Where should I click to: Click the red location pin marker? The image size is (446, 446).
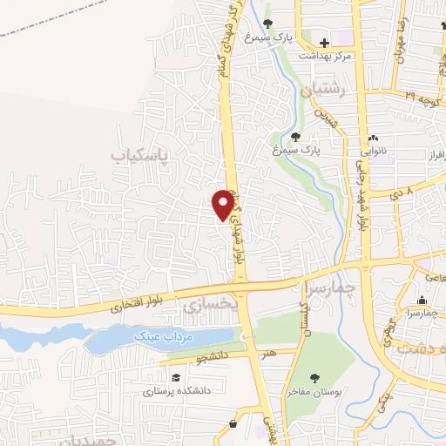224,204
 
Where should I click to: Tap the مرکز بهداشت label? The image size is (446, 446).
324,55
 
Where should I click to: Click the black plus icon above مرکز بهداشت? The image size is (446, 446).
324,42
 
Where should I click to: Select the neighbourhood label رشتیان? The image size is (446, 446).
324,90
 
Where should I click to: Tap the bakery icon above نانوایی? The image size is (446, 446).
374,138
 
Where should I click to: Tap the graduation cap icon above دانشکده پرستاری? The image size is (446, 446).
176,379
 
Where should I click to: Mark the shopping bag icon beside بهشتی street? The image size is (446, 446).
233,423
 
